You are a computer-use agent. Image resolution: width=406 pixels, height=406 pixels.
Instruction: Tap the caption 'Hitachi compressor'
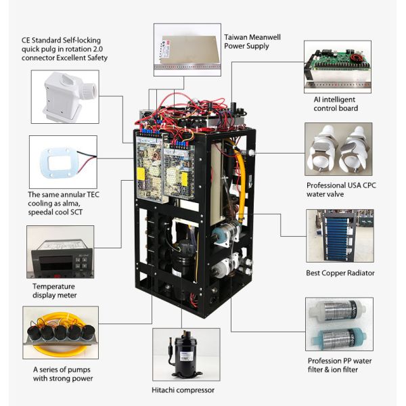(183, 390)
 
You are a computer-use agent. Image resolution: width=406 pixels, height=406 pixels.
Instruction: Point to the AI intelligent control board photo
(337, 67)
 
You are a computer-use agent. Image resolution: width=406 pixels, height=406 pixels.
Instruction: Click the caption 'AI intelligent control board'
(336, 104)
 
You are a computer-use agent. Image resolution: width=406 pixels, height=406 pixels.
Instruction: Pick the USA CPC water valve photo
(338, 150)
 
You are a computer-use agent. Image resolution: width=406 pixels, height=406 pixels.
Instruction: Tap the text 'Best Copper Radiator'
(340, 273)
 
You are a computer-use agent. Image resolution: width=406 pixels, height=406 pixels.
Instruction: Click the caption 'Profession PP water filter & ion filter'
(341, 365)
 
